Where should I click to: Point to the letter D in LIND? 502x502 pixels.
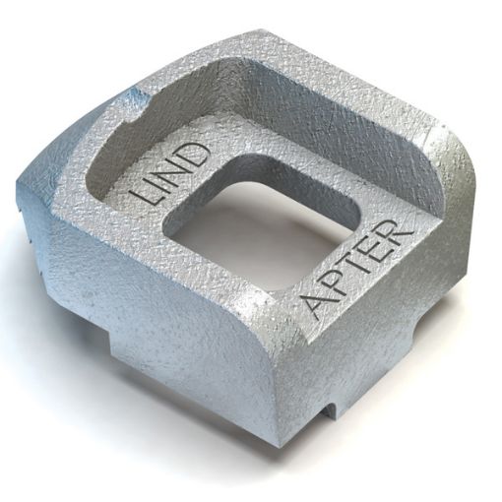(x=196, y=154)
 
